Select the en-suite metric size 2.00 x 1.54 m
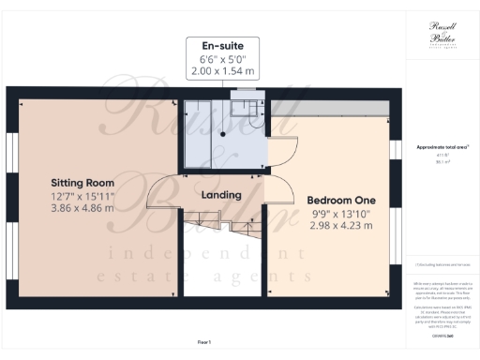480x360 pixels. (223, 71)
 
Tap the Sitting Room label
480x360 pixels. (82, 182)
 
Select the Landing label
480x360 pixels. (222, 195)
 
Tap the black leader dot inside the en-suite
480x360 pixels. (223, 132)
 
